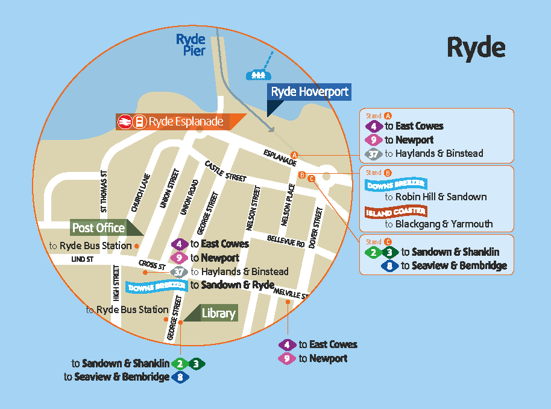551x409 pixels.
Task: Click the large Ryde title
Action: (x=476, y=48)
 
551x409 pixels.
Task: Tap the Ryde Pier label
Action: (x=190, y=45)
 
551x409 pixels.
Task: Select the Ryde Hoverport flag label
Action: (x=309, y=92)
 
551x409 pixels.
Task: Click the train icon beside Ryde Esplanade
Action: (x=125, y=122)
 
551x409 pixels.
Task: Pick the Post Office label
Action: (x=99, y=228)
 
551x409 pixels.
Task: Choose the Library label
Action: (x=218, y=314)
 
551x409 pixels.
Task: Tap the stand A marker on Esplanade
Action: (x=294, y=154)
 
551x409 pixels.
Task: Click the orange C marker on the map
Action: (x=311, y=178)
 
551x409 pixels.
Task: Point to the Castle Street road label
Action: (x=225, y=171)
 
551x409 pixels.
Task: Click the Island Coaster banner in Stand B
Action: (x=395, y=212)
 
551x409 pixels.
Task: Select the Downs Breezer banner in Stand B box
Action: (x=395, y=184)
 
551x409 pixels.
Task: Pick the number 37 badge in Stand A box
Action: (x=374, y=154)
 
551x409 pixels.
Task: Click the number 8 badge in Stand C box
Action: (x=390, y=265)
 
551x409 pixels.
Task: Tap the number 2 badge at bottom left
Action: (x=180, y=364)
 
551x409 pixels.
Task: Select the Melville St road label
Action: (x=291, y=294)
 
